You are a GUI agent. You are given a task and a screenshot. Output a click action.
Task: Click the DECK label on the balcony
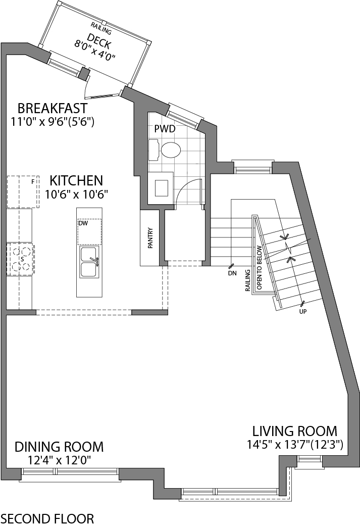(x=98, y=39)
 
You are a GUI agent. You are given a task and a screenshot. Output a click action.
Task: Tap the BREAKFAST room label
(x=53, y=108)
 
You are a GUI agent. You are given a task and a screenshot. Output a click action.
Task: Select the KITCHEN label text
(x=76, y=180)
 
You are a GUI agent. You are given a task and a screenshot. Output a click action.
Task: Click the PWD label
(x=165, y=129)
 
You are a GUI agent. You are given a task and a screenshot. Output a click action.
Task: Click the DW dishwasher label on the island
(x=83, y=223)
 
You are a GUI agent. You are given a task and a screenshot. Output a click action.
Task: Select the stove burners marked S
(x=21, y=258)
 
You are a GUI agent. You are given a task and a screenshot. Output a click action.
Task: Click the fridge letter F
(x=33, y=181)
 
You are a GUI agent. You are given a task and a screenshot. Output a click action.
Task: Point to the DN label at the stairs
(x=232, y=273)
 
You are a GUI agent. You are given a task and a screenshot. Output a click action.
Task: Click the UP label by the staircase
(x=303, y=311)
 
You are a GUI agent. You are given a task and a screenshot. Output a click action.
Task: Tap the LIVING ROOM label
(x=295, y=431)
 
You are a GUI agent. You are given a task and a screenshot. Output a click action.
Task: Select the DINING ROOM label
(x=59, y=447)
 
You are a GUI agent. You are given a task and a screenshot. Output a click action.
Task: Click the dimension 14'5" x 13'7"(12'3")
(x=295, y=445)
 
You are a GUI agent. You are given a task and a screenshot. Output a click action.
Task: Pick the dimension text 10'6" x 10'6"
(x=77, y=194)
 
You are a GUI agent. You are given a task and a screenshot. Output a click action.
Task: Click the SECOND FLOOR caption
(x=47, y=518)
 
